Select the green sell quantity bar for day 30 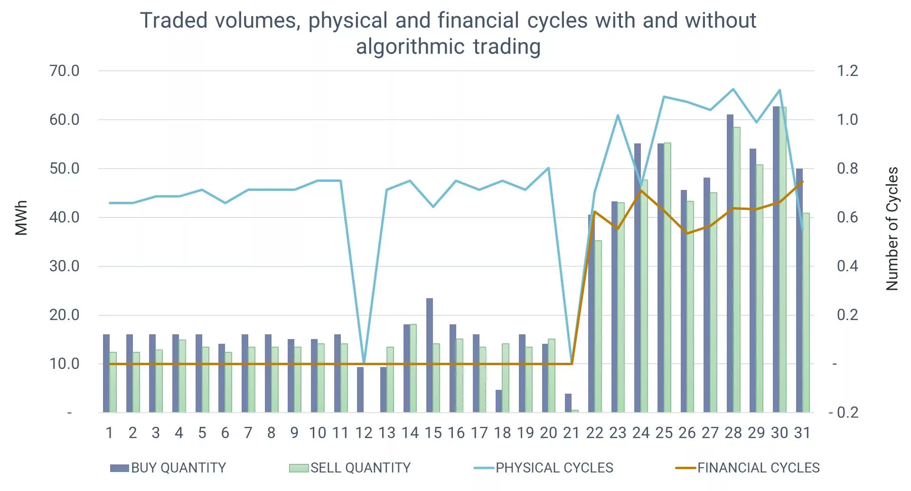point(783,260)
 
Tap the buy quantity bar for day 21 point(568,403)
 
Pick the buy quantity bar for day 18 point(499,401)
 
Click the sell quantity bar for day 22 point(598,327)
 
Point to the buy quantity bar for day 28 point(730,264)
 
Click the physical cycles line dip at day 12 point(364,362)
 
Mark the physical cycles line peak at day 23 point(618,115)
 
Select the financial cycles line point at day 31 point(802,181)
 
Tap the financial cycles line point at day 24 point(641,191)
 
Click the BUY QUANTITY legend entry point(168,468)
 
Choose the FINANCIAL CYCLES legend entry point(748,468)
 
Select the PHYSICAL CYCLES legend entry point(544,468)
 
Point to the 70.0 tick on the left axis point(65,71)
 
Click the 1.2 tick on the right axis point(847,71)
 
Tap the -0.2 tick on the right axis point(844,412)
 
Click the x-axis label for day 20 point(548,433)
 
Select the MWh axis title point(21,217)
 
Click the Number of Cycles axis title point(892,228)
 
